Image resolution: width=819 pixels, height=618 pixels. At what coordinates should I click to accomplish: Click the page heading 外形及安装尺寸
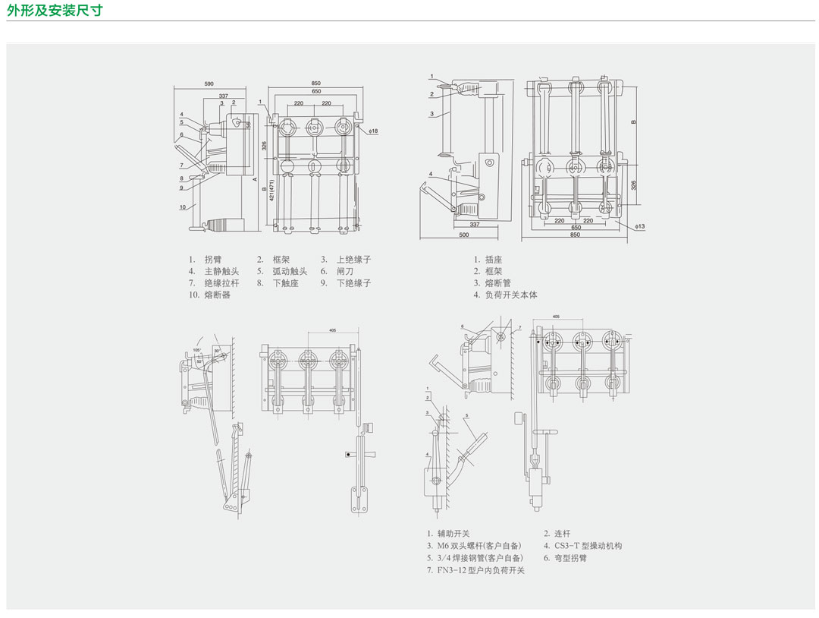55,10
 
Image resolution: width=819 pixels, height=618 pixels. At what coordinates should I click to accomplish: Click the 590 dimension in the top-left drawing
209,84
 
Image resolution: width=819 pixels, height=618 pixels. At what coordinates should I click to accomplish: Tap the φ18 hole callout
373,131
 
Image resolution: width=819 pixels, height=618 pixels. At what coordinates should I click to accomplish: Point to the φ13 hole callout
639,226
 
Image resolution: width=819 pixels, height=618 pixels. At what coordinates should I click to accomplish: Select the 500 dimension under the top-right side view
463,235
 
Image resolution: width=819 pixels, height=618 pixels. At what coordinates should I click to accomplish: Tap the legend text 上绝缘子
353,260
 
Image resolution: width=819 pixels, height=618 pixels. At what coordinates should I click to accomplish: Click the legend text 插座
494,260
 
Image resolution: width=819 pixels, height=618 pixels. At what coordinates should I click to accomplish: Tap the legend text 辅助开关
453,534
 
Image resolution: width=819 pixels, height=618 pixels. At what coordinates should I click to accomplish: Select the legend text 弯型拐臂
570,558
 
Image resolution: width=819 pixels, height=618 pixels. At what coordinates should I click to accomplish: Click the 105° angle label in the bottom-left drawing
196,350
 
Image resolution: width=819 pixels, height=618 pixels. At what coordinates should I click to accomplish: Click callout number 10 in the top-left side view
183,207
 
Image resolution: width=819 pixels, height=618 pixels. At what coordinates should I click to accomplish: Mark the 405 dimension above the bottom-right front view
556,316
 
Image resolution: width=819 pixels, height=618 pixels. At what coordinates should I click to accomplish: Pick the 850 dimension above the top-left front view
315,84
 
